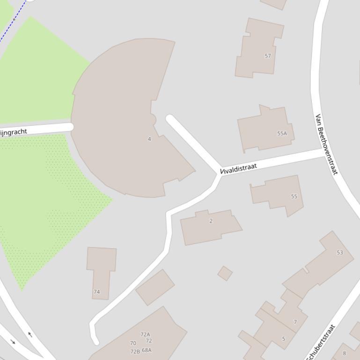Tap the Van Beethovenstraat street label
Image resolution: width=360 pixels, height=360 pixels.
point(326,144)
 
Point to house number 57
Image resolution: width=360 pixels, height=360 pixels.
point(268,56)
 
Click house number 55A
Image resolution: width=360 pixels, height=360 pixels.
point(282,133)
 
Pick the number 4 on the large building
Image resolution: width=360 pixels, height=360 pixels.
point(149,139)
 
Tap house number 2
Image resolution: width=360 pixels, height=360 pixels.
point(211,221)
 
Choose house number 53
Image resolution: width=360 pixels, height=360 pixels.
point(339,252)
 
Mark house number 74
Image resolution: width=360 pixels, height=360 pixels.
point(96,292)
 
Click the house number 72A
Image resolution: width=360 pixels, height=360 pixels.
point(145,334)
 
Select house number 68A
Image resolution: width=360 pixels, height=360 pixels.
point(147,350)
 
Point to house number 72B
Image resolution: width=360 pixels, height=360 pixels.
point(135,352)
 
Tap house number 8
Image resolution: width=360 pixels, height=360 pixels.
point(345,353)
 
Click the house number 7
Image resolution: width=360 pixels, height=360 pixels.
point(295,322)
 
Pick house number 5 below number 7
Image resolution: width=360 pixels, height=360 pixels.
point(283,339)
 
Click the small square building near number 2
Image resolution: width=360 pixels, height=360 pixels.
point(225,274)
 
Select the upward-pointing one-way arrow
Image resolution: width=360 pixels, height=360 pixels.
point(30,334)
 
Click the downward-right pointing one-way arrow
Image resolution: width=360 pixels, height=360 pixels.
point(13,342)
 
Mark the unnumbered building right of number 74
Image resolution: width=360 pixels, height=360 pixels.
point(155,287)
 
